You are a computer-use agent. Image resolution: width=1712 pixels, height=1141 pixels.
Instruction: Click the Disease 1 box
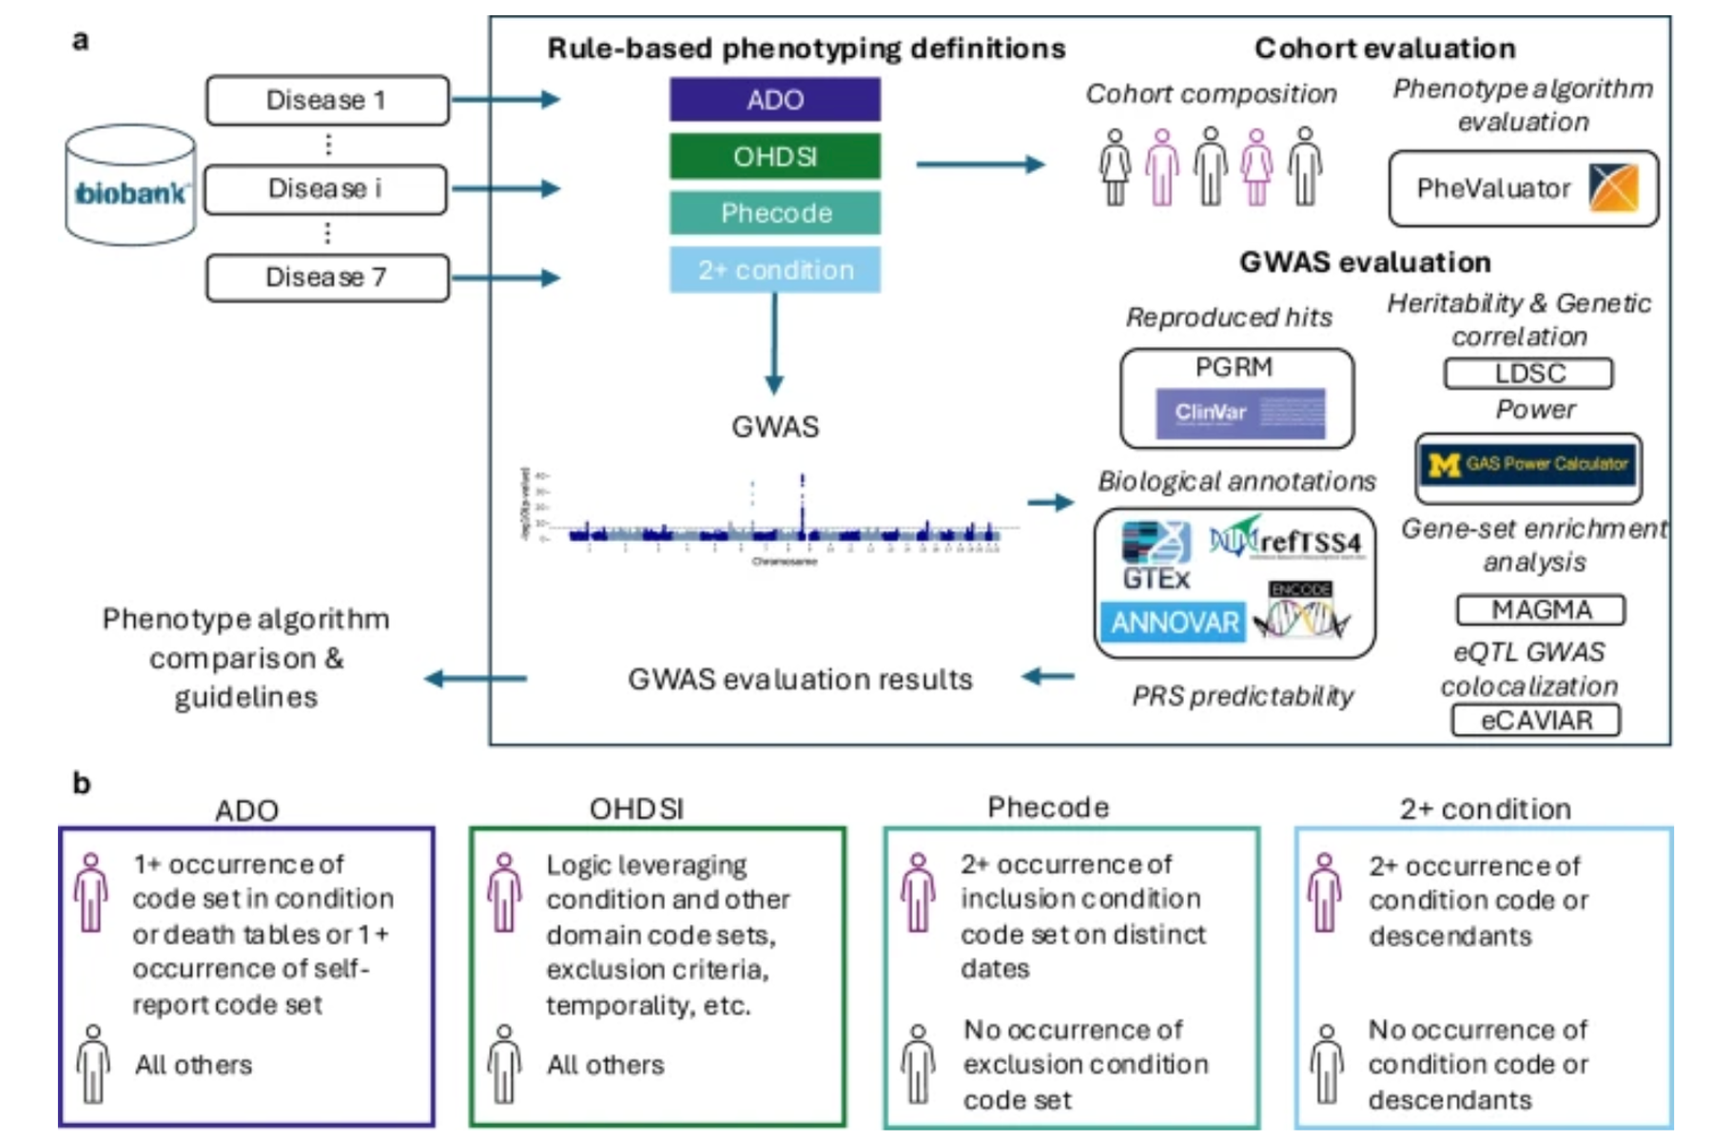[x=327, y=100]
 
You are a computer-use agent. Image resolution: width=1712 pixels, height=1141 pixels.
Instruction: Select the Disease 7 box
[x=327, y=278]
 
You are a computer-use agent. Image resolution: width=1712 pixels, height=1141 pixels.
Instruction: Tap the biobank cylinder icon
[x=131, y=186]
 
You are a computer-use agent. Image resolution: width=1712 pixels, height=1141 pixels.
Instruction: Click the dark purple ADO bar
[x=774, y=100]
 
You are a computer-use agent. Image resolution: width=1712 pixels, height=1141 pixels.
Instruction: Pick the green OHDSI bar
[x=774, y=157]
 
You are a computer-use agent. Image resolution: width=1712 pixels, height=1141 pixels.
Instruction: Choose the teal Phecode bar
[x=774, y=213]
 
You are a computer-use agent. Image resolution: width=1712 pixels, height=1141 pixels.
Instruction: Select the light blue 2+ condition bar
[x=774, y=270]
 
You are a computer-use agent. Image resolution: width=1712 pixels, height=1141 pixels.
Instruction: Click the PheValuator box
[x=1523, y=188]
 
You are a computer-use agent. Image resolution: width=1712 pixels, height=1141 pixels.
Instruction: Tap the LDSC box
[x=1528, y=374]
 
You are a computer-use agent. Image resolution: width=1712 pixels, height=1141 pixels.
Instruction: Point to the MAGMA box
[x=1541, y=609]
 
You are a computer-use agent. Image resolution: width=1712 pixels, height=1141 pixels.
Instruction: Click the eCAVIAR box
[x=1536, y=721]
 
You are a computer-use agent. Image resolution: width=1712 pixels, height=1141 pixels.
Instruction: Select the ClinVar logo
[x=1240, y=413]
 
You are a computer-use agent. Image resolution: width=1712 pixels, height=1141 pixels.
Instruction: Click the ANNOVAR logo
[x=1174, y=623]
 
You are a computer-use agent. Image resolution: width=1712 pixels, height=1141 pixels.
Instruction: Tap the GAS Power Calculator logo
[x=1528, y=466]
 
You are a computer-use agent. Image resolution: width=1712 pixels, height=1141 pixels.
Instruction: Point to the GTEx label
[x=1156, y=578]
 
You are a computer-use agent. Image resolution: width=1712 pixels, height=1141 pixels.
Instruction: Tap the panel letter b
[x=82, y=783]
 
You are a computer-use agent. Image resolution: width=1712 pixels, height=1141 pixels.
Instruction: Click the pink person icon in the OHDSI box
[x=504, y=893]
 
